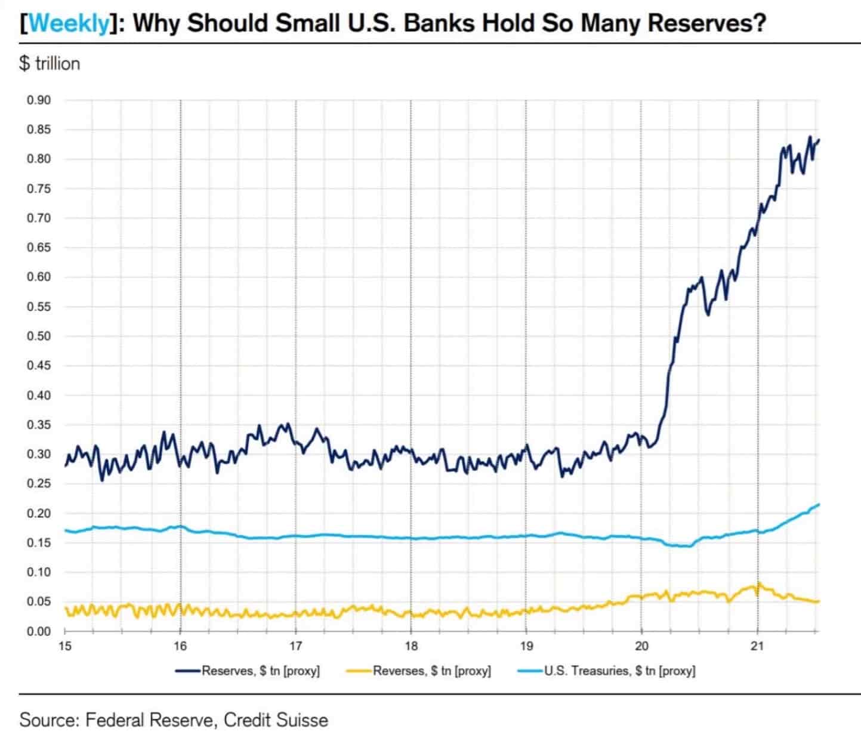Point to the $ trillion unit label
tap(50, 63)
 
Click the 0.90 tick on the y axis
tap(39, 100)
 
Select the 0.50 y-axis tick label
tap(39, 336)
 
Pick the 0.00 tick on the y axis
tap(39, 631)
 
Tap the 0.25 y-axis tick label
tap(39, 483)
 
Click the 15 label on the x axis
tap(65, 646)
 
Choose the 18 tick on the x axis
tap(411, 646)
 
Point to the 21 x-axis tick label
tap(757, 646)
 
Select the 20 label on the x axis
tap(641, 646)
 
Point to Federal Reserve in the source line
tap(149, 720)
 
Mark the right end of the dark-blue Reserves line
tap(819, 140)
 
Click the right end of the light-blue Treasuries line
tap(819, 505)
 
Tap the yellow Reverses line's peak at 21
tap(758, 583)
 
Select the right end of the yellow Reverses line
tap(819, 601)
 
